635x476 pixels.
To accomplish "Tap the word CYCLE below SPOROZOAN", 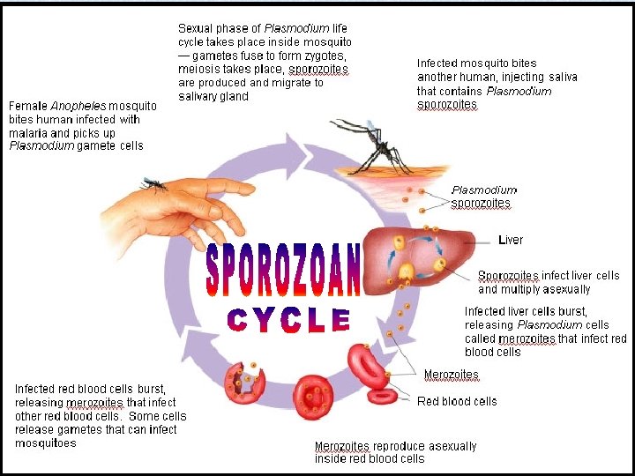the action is point(288,320).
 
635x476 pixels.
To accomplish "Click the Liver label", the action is point(511,240).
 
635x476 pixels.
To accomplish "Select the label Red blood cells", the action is point(457,401).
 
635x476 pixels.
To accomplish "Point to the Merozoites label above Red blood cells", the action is point(452,376).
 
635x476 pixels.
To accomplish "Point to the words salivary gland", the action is point(213,97).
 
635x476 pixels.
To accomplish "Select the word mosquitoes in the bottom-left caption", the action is point(46,443).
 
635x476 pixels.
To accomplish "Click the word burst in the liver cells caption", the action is point(552,311).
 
